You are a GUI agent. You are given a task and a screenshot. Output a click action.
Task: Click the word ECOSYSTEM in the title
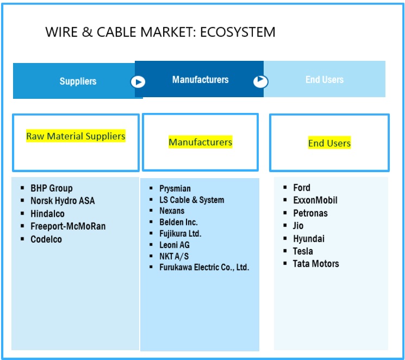coord(238,32)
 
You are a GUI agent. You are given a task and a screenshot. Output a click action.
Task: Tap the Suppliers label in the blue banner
coord(78,81)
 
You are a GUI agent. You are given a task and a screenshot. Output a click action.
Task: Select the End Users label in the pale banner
coord(325,79)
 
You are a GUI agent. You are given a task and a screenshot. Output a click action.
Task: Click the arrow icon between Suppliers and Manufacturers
coord(138,82)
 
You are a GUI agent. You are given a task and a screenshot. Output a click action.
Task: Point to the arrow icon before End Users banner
coord(260,81)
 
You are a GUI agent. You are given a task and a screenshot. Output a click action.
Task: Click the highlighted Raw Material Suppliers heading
coord(76,136)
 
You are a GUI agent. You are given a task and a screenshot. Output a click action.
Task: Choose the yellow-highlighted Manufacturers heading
coord(201,142)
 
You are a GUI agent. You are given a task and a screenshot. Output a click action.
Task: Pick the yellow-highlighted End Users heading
coord(329,143)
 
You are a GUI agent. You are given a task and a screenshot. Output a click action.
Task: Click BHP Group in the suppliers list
coord(52,188)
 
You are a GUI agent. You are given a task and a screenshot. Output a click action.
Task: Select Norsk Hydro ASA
coord(63,200)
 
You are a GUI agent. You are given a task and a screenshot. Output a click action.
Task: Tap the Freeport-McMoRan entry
coord(68,226)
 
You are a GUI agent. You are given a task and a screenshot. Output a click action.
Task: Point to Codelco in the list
coord(46,239)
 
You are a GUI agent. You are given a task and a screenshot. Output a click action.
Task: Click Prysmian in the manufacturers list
coord(175,188)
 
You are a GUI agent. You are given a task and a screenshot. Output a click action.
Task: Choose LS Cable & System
coord(192,200)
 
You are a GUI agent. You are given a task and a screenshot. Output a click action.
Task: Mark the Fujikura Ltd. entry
coord(180,233)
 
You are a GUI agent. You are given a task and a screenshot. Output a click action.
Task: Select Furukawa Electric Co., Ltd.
coord(204,267)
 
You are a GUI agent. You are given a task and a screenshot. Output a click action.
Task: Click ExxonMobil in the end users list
coord(315,200)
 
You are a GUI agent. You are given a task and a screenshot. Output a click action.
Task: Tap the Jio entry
coord(298,225)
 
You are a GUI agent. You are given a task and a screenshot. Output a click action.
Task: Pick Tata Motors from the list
coord(316,264)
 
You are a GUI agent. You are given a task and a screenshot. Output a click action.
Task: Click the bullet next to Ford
coord(285,187)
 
